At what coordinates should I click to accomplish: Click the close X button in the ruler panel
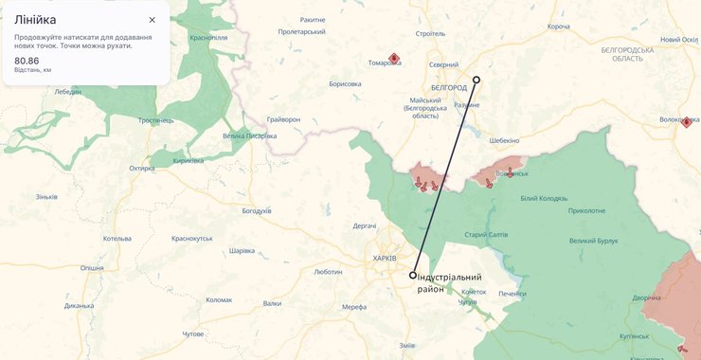click(152, 20)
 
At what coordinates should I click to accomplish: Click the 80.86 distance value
click(27, 61)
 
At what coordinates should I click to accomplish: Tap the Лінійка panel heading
click(34, 20)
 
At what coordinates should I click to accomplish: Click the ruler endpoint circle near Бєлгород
click(476, 81)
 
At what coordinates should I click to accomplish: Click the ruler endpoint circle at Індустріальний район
click(413, 275)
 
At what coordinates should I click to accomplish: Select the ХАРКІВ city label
click(385, 259)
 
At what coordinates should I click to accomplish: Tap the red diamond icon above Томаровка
click(394, 57)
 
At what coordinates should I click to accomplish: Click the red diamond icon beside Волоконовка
click(687, 121)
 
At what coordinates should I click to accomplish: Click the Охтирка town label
click(142, 169)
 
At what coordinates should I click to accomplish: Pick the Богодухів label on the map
click(257, 210)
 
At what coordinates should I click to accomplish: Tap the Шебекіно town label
click(504, 140)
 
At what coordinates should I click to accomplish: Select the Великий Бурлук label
click(594, 242)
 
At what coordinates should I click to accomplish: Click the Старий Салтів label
click(487, 234)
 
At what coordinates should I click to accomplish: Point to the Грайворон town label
click(283, 119)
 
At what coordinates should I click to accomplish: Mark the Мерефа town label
click(354, 307)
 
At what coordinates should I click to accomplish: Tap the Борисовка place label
click(345, 83)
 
